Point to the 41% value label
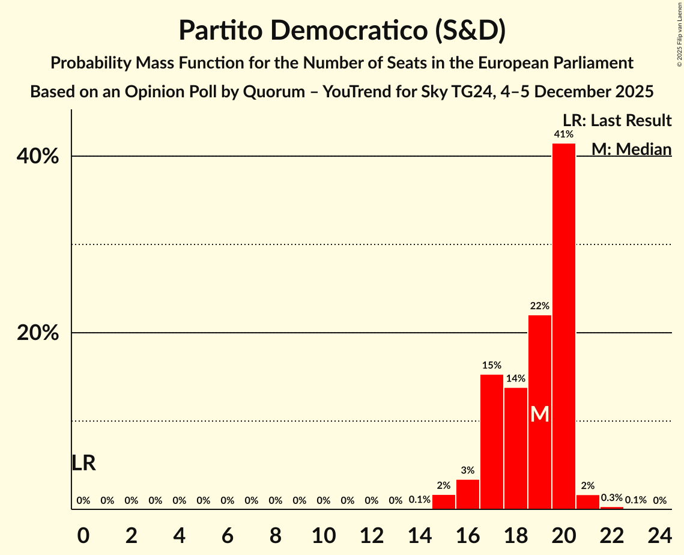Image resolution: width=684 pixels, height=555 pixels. tap(563, 134)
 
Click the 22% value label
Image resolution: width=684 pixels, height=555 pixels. tap(539, 306)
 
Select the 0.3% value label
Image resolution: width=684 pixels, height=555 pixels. tap(611, 497)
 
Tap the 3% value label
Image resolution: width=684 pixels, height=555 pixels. tap(468, 470)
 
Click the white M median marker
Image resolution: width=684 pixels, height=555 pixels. tap(539, 414)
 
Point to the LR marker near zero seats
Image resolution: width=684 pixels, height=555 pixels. tap(83, 463)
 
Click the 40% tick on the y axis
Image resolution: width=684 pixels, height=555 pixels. tap(38, 157)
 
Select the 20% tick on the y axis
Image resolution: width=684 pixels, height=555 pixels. tap(38, 333)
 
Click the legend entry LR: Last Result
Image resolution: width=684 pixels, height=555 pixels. tap(617, 121)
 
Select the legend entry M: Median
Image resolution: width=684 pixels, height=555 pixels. tap(631, 149)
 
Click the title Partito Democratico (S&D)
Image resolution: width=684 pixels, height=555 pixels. tap(342, 31)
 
